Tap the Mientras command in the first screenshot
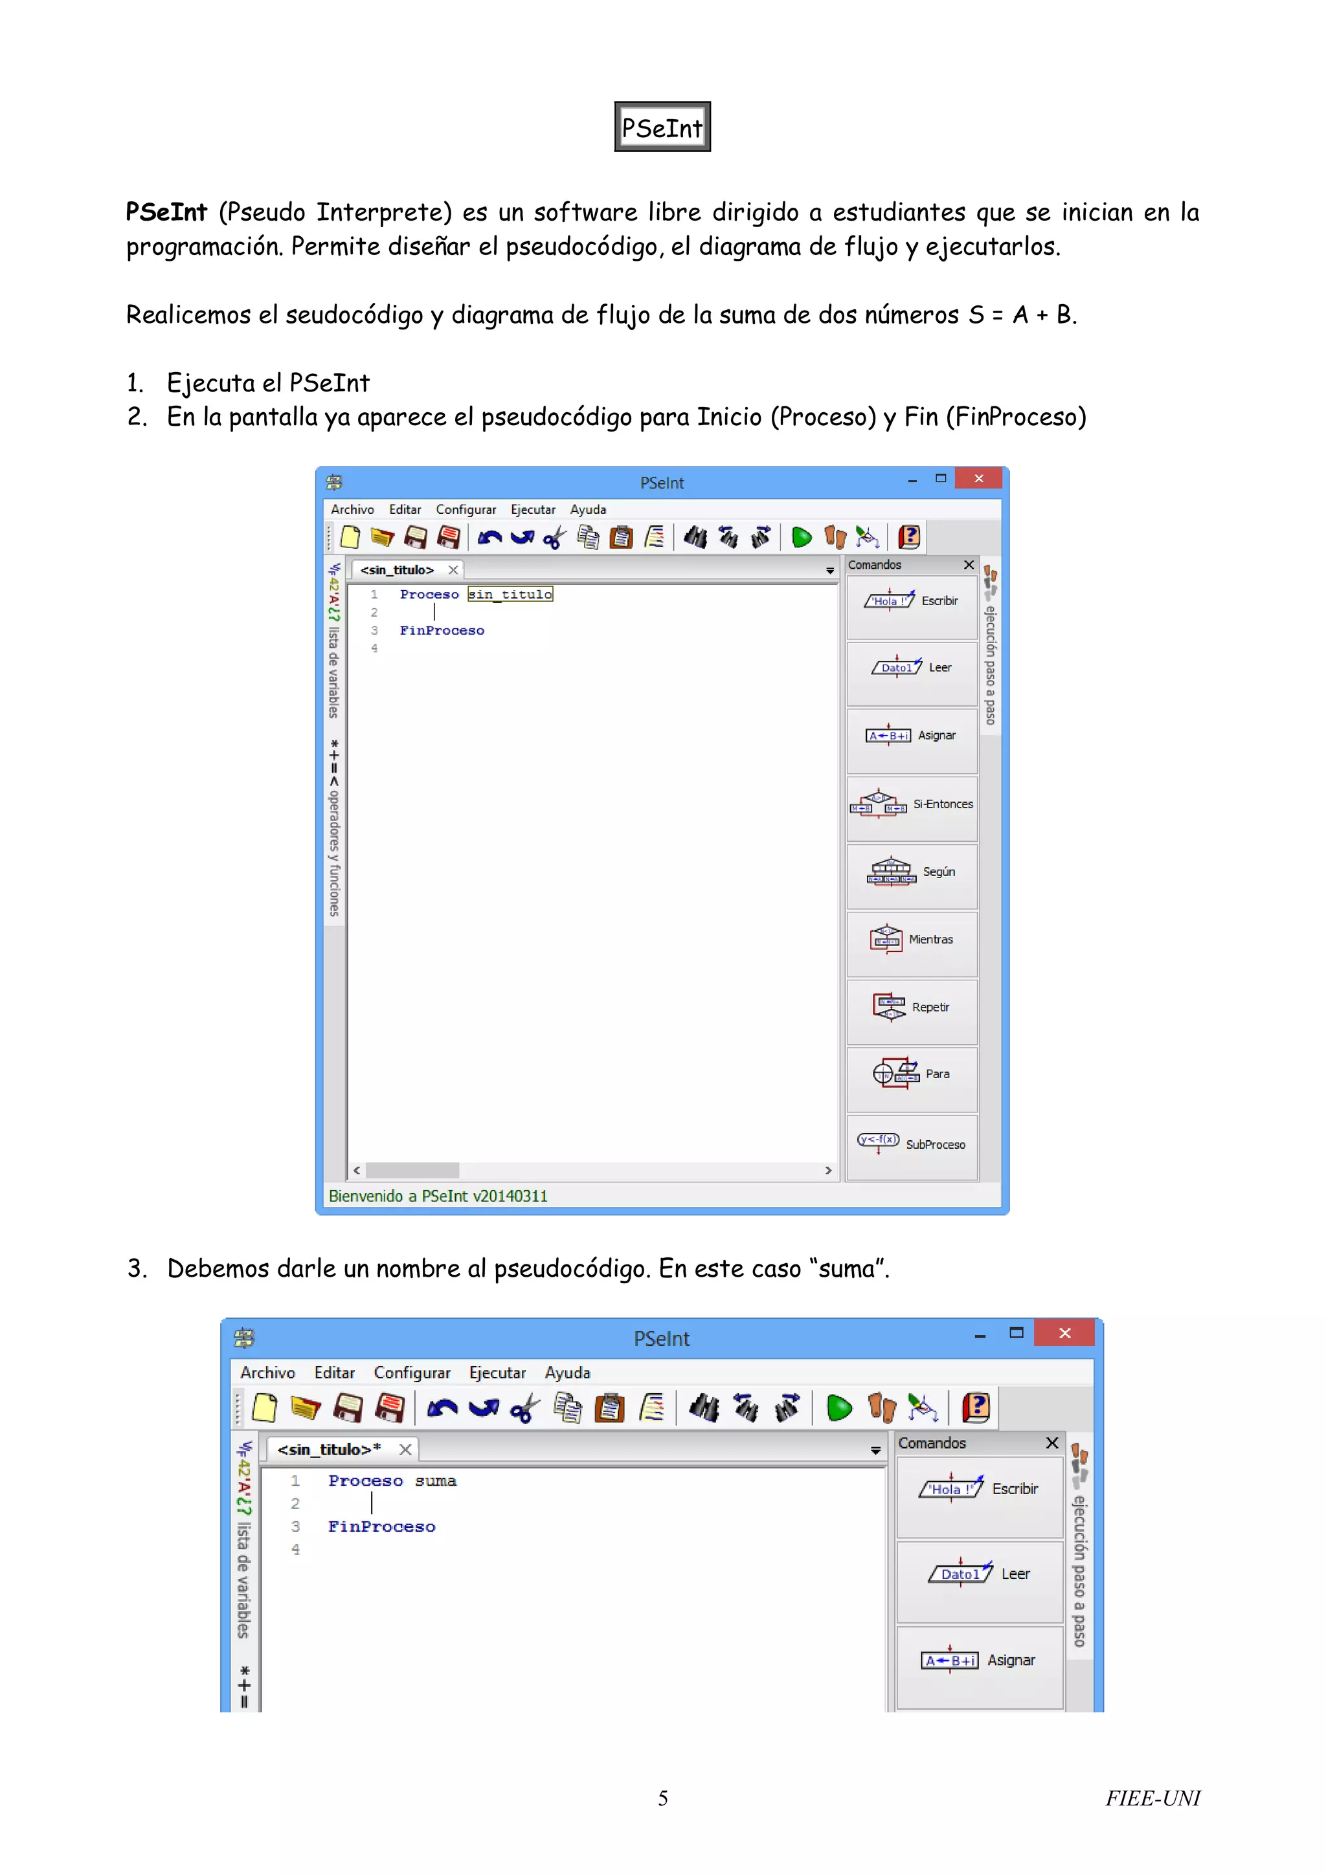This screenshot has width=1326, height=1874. [912, 940]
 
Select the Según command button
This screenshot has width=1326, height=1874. [912, 872]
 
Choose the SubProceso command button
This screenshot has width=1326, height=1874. [912, 1143]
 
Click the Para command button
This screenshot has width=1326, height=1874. [912, 1075]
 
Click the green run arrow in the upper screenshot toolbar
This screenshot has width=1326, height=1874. [801, 537]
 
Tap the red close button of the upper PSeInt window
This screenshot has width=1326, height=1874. [978, 478]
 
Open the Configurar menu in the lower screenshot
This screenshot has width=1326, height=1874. [412, 1373]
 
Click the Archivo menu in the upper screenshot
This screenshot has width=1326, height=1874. [352, 509]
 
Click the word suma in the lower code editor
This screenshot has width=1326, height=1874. [435, 1481]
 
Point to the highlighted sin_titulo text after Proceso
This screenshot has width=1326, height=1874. [510, 594]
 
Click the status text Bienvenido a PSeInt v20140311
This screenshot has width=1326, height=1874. [438, 1196]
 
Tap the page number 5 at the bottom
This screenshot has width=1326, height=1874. [662, 1798]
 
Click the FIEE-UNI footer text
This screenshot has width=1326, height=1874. [1152, 1798]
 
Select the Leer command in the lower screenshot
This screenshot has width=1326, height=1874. [979, 1574]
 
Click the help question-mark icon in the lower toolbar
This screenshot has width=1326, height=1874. [976, 1407]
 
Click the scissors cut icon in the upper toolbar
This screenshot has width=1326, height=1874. [554, 537]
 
